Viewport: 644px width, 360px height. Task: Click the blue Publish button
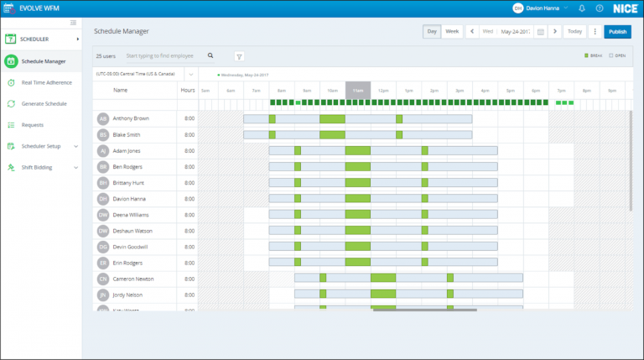click(617, 32)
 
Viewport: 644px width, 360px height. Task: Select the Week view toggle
click(452, 32)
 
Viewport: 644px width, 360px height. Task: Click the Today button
click(574, 32)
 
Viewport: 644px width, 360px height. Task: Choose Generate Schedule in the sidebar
click(44, 103)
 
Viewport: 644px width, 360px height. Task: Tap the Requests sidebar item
click(33, 124)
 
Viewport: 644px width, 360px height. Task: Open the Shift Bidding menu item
click(39, 167)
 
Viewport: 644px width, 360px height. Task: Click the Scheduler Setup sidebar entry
click(41, 146)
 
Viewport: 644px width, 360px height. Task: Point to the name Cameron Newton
click(132, 279)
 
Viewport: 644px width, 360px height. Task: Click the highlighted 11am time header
click(358, 90)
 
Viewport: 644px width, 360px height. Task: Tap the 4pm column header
click(485, 90)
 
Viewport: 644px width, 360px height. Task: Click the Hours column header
click(187, 90)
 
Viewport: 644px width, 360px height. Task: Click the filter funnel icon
click(239, 56)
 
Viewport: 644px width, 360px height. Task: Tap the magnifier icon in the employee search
click(210, 56)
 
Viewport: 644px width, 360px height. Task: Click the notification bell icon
click(581, 8)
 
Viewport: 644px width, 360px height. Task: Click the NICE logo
click(621, 8)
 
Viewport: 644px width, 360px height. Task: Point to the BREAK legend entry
click(593, 56)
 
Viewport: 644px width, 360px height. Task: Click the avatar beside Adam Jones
click(103, 150)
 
